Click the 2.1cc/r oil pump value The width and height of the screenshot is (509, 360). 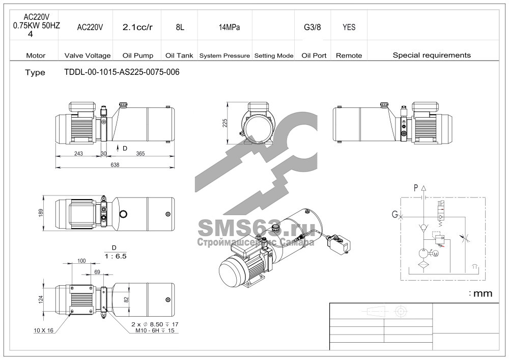(x=137, y=27)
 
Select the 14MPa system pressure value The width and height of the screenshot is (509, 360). (x=229, y=27)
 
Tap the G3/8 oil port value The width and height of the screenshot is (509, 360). (x=313, y=27)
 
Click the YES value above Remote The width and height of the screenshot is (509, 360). (x=349, y=27)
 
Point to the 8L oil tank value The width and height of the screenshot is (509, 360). (x=180, y=27)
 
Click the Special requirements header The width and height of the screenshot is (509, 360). (x=432, y=55)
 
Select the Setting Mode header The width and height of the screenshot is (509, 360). (x=274, y=56)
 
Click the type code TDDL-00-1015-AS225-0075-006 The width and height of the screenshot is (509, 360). (x=122, y=72)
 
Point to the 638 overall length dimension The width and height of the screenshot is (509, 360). (x=115, y=165)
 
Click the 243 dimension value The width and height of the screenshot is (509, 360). (x=78, y=154)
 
